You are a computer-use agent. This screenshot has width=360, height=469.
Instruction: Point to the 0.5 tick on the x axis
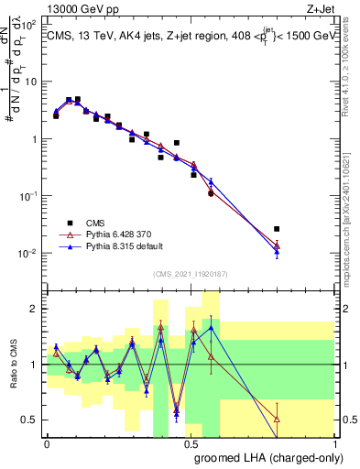tap(191, 443)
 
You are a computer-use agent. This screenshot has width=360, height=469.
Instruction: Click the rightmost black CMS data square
tap(277, 229)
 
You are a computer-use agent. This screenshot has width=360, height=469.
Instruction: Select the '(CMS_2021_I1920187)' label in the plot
tap(190, 274)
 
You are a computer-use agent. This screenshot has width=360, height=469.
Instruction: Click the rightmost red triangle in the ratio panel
tap(277, 419)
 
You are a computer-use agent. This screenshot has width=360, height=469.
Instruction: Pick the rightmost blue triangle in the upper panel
tap(277, 249)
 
